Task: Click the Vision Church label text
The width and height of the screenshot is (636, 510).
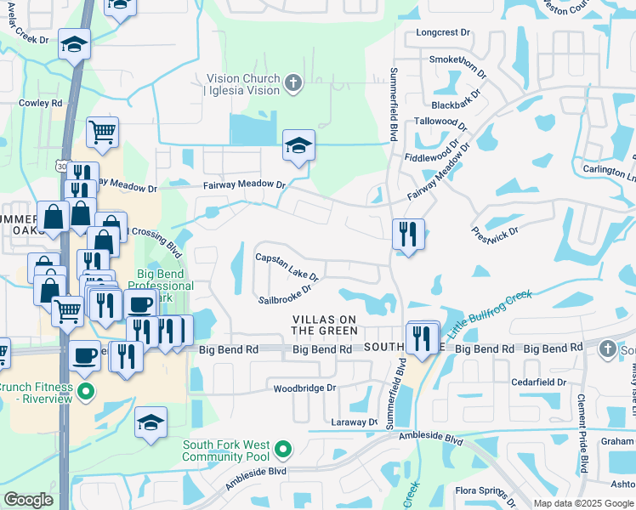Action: tap(242, 84)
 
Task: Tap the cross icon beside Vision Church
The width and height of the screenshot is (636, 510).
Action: tap(292, 83)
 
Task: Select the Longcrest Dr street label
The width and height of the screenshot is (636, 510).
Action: tap(443, 32)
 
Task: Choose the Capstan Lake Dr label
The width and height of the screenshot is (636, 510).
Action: tap(287, 268)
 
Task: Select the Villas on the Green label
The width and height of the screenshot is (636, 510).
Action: tap(325, 325)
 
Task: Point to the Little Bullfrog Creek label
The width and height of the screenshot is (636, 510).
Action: tap(491, 311)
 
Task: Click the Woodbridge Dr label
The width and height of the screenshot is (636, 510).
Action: tap(305, 388)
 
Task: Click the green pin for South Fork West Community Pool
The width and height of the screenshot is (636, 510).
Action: tap(286, 448)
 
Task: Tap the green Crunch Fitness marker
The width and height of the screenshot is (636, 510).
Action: tap(84, 392)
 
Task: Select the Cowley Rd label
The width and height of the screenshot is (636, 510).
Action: tap(41, 103)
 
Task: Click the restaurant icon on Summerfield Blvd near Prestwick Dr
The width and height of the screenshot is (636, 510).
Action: tap(408, 233)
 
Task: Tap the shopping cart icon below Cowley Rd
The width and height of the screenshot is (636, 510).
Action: tap(102, 133)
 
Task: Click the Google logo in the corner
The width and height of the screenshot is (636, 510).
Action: tap(28, 500)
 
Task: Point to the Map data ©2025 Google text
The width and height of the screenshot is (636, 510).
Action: tap(582, 503)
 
